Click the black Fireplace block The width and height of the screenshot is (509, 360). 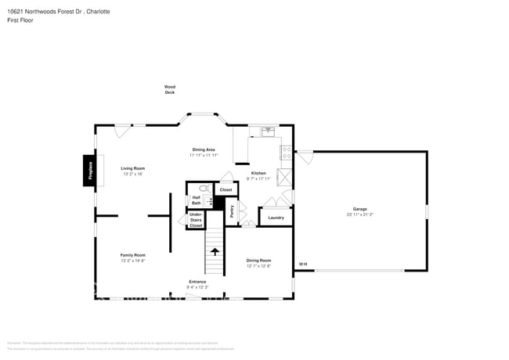pos(90,171)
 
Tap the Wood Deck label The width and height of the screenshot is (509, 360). pos(169,89)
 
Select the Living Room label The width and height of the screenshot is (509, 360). pos(132,168)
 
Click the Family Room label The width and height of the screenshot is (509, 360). pos(132,254)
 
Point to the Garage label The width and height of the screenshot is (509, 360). pos(359,208)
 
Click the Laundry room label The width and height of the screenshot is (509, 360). pos(276,217)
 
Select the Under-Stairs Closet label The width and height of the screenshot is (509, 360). pos(196,219)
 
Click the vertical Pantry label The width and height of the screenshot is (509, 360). pos(232,211)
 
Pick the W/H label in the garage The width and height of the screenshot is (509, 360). pos(302,264)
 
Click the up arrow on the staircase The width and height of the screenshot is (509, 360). pos(215,251)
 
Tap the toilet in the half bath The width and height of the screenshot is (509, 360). pos(204,189)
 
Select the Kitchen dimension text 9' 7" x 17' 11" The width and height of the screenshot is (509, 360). pos(258,179)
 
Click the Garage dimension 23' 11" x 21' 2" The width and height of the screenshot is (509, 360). pos(359,214)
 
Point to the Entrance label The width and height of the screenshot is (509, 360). pos(197,281)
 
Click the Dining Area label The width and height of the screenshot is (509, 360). pos(204,149)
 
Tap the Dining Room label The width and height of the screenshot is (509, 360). pos(258,260)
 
